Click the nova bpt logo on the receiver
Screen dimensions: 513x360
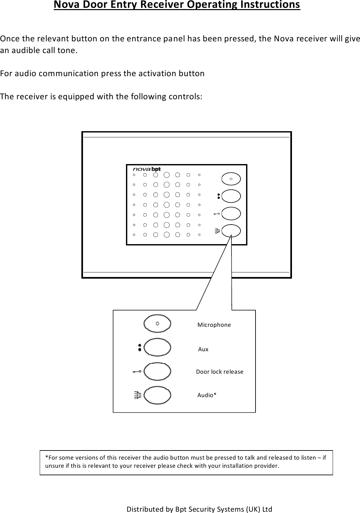point(146,169)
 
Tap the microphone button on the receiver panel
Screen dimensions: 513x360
point(231,179)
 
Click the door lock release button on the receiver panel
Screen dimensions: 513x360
point(231,214)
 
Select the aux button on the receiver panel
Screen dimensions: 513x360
point(231,196)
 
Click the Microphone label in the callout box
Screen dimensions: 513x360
point(214,325)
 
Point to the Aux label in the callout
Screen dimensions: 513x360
point(203,349)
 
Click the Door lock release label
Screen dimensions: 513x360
point(220,372)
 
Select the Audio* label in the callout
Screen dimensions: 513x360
point(207,395)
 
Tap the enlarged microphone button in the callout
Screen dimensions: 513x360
point(157,324)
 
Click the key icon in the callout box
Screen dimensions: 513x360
point(137,371)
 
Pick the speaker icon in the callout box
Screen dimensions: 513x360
point(137,395)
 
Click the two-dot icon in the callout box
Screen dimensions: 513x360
point(140,347)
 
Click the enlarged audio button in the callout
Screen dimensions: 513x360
point(157,395)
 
